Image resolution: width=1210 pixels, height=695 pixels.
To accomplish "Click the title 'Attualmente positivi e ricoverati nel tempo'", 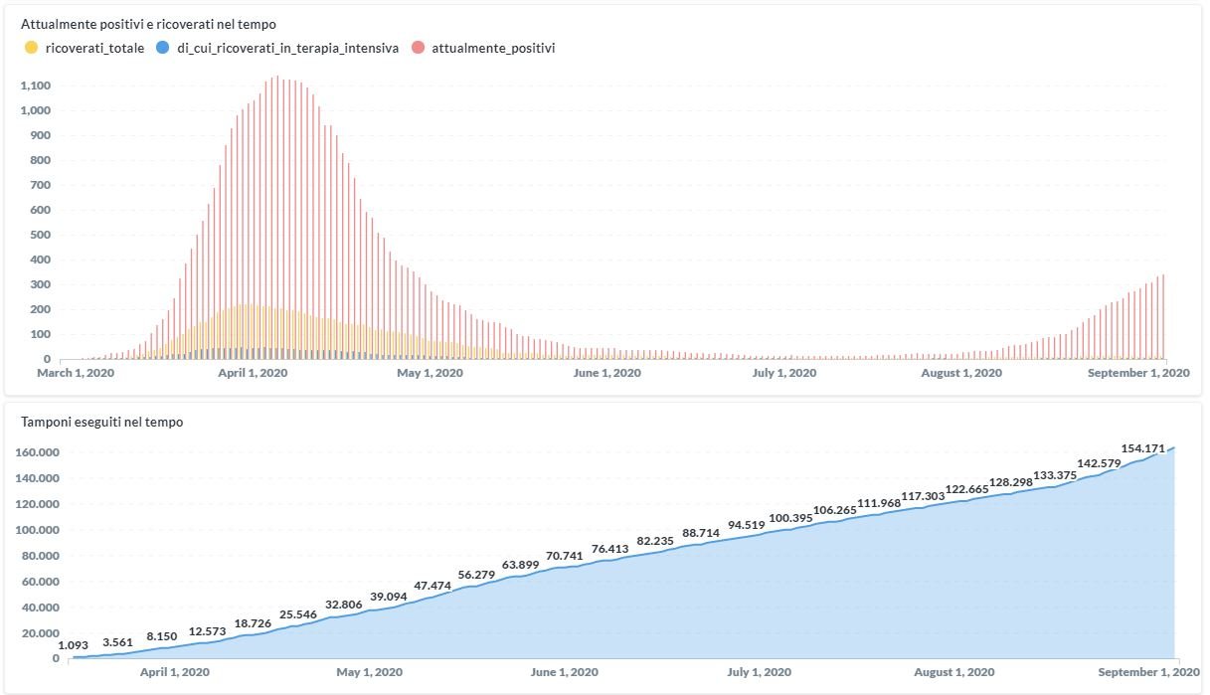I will click(x=149, y=22).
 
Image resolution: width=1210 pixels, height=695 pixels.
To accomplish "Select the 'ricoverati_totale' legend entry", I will click(x=94, y=47).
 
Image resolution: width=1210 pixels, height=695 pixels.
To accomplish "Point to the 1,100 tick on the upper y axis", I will click(x=35, y=86).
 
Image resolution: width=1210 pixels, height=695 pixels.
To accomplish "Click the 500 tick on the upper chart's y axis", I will click(x=40, y=235).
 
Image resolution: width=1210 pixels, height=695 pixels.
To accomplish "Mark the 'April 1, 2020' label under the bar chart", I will click(x=253, y=373).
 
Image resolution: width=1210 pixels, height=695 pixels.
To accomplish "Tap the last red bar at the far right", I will click(x=1163, y=318).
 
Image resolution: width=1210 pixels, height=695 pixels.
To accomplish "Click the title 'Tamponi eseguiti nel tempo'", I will click(x=102, y=422).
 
